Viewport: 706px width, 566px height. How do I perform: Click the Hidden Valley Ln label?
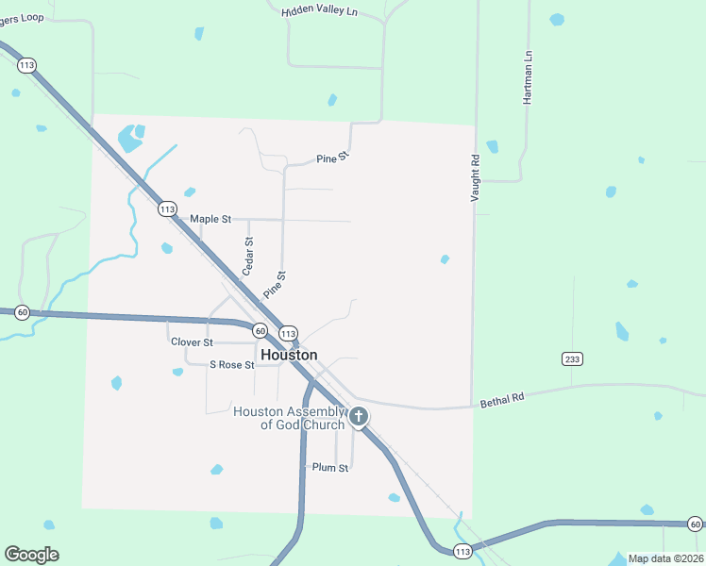[320, 10]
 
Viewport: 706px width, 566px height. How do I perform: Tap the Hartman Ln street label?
[529, 72]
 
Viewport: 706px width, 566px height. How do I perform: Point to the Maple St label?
[210, 219]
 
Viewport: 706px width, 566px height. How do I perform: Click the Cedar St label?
[249, 256]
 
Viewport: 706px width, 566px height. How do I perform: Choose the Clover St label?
[192, 341]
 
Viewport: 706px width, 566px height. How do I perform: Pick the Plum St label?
[330, 467]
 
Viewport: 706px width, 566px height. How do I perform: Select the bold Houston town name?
[289, 355]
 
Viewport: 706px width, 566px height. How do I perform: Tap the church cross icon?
[359, 416]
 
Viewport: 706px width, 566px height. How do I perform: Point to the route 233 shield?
[572, 358]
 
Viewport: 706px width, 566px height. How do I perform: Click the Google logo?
[31, 555]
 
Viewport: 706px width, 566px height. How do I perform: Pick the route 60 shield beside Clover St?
[259, 330]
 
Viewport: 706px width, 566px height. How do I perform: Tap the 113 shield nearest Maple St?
[167, 208]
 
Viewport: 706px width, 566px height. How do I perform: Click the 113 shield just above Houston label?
[289, 334]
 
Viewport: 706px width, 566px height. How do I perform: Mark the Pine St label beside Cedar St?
[275, 286]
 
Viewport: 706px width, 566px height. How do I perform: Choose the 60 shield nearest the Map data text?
[695, 524]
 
